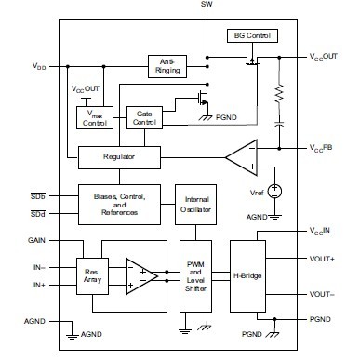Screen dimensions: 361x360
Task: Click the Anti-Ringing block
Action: pyautogui.click(x=167, y=67)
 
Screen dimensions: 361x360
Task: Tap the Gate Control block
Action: pyautogui.click(x=144, y=117)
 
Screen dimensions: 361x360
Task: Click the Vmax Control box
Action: pyautogui.click(x=95, y=117)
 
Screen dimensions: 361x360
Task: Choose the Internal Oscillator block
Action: pyautogui.click(x=193, y=204)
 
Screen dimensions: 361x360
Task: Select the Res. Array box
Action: pyautogui.click(x=92, y=274)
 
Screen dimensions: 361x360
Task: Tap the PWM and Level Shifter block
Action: pyautogui.click(x=194, y=274)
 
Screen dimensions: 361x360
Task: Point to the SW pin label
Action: pyautogui.click(x=206, y=7)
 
